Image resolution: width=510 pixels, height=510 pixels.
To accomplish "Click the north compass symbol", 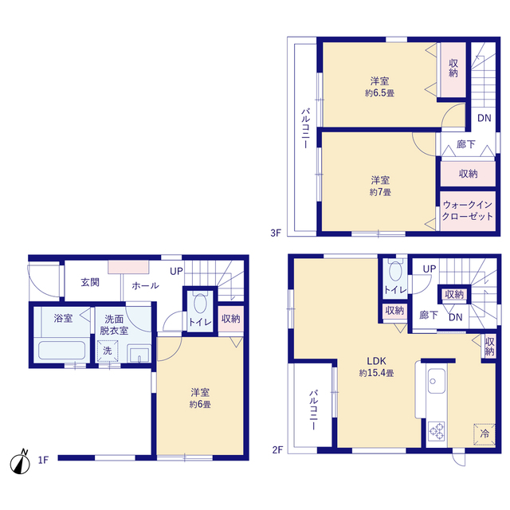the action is pyautogui.click(x=20, y=462).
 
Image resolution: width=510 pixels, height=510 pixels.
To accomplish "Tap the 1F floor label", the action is pyautogui.click(x=43, y=460).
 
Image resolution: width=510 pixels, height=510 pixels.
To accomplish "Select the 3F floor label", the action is pyautogui.click(x=276, y=233).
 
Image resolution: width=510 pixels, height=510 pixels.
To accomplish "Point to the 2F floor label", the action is pyautogui.click(x=277, y=449).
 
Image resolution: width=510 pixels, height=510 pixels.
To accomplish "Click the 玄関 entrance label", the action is pyautogui.click(x=90, y=282).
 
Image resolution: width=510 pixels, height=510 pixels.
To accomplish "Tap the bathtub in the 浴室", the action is pyautogui.click(x=62, y=351).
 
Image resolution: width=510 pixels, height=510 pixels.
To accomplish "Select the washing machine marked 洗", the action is pyautogui.click(x=108, y=351).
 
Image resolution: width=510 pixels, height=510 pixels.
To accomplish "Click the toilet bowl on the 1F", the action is pyautogui.click(x=200, y=303).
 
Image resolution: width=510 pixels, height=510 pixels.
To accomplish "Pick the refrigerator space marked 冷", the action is pyautogui.click(x=484, y=433).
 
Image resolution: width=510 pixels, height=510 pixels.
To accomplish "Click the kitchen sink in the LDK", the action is pyautogui.click(x=436, y=381).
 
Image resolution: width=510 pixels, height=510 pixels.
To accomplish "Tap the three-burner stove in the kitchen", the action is pyautogui.click(x=437, y=431).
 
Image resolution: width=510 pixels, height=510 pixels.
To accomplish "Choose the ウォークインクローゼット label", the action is pyautogui.click(x=468, y=210).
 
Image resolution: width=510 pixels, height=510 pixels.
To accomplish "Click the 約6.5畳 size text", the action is pyautogui.click(x=379, y=93).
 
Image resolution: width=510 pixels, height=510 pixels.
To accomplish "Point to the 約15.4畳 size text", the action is pyautogui.click(x=377, y=373).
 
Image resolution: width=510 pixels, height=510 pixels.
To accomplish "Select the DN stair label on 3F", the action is pyautogui.click(x=484, y=118).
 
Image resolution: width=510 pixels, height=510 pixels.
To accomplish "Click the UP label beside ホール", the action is pyautogui.click(x=176, y=271).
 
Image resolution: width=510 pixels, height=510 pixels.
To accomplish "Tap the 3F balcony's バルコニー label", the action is pyautogui.click(x=305, y=128).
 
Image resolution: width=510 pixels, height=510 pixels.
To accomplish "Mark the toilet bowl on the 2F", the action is pyautogui.click(x=395, y=271).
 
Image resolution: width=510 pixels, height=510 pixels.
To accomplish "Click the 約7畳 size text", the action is pyautogui.click(x=380, y=192).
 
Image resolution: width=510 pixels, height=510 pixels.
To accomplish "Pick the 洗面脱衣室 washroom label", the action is pyautogui.click(x=114, y=324).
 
